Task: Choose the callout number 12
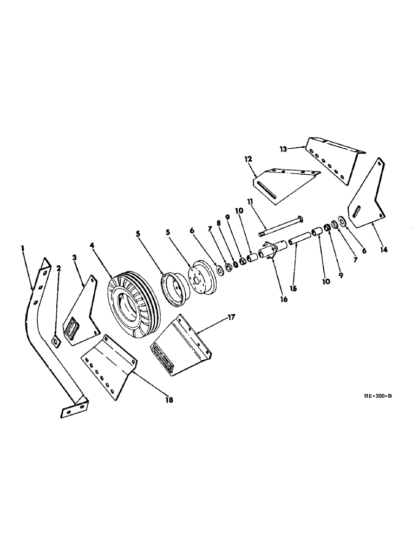[x=248, y=160]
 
